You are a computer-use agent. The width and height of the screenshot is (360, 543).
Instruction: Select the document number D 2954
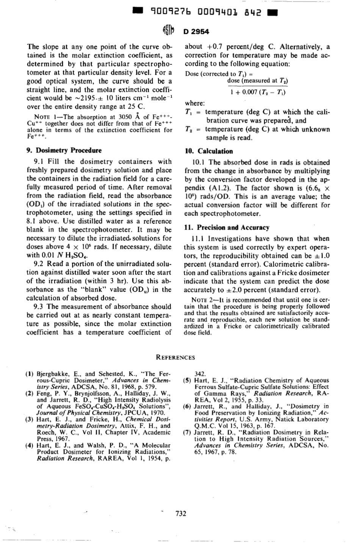click(196, 31)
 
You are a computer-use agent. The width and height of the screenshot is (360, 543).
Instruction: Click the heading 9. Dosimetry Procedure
click(64, 150)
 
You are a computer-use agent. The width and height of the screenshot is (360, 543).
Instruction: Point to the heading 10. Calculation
click(208, 151)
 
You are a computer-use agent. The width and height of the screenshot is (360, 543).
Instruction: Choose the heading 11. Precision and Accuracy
click(227, 228)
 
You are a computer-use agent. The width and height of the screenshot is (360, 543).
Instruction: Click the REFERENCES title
click(176, 357)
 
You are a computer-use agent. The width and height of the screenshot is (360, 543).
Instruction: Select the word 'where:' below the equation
click(195, 103)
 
